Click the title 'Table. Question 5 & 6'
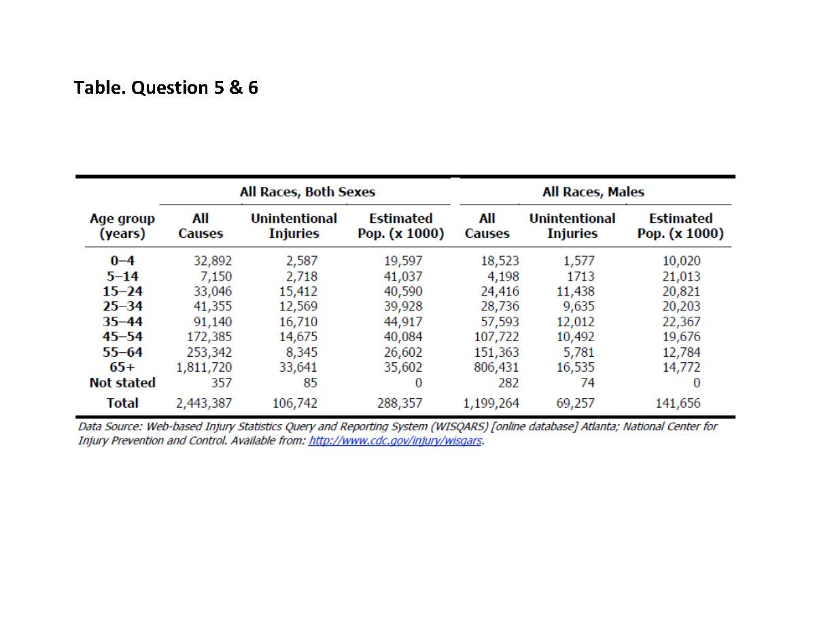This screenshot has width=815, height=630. coord(166,88)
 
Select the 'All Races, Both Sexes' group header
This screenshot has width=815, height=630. coord(307,192)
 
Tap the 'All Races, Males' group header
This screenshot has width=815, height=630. coord(593,192)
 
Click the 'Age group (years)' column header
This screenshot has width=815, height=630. coord(122,226)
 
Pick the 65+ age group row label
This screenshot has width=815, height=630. coord(122,368)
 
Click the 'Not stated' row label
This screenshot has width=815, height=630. coord(122,383)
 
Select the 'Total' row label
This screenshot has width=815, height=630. coord(122,403)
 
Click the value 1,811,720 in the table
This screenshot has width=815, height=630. coord(204,368)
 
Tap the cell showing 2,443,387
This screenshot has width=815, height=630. coord(204,403)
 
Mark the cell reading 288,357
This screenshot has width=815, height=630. coord(400,403)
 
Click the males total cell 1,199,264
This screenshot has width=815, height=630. coord(491,403)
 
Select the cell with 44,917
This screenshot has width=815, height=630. coord(402,321)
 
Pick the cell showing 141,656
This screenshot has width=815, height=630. coord(678,403)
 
